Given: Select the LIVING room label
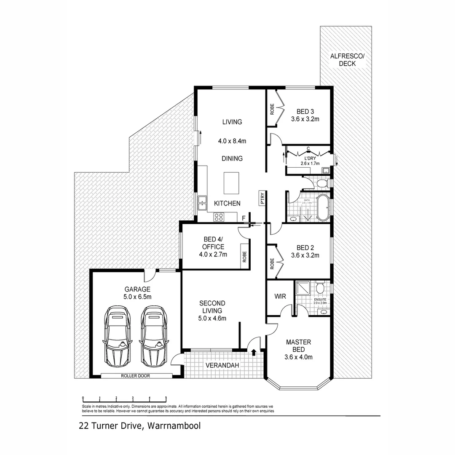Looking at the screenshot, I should [x=232, y=122].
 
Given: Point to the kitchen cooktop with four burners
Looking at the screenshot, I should [x=219, y=217].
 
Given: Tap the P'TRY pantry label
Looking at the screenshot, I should [x=262, y=198].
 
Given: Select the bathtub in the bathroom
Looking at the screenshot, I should [x=323, y=207].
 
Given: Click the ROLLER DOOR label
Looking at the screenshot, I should [x=135, y=375].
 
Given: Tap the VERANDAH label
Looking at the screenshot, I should [x=222, y=365].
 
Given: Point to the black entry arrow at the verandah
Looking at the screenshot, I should [x=254, y=352].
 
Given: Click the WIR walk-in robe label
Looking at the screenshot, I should [x=280, y=297].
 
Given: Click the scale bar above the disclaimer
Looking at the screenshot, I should [x=125, y=398].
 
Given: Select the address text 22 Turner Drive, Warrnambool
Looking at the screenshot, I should [x=139, y=426].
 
